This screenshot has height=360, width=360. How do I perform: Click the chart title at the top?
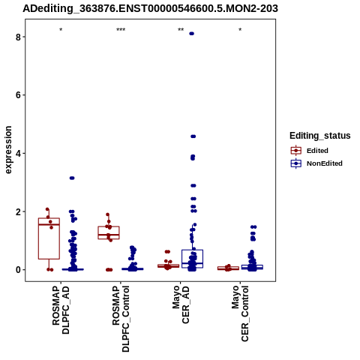tap(150, 9)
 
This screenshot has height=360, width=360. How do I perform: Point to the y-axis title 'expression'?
tap(8, 150)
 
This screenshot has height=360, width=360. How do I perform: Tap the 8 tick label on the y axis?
tap(18, 37)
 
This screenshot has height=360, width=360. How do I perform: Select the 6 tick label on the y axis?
tap(18, 95)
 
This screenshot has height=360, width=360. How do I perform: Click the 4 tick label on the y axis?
tap(18, 154)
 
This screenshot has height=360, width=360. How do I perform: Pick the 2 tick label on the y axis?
tap(18, 211)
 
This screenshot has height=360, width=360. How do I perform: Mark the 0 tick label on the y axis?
tap(18, 270)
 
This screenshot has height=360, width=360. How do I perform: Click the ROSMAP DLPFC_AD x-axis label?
tap(61, 310)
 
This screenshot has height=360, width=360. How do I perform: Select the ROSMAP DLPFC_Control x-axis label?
tap(121, 319)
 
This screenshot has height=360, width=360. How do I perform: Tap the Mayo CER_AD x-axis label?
tap(181, 304)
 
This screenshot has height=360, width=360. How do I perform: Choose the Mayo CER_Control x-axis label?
tap(240, 313)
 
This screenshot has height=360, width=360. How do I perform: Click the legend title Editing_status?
tap(320, 136)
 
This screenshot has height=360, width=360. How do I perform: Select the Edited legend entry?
tap(309, 151)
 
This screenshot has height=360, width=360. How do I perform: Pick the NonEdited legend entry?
tap(316, 163)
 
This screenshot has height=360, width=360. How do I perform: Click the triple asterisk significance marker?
tap(121, 30)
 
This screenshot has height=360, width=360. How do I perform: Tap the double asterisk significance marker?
tap(181, 30)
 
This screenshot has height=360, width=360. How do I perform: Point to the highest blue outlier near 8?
tap(192, 34)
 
